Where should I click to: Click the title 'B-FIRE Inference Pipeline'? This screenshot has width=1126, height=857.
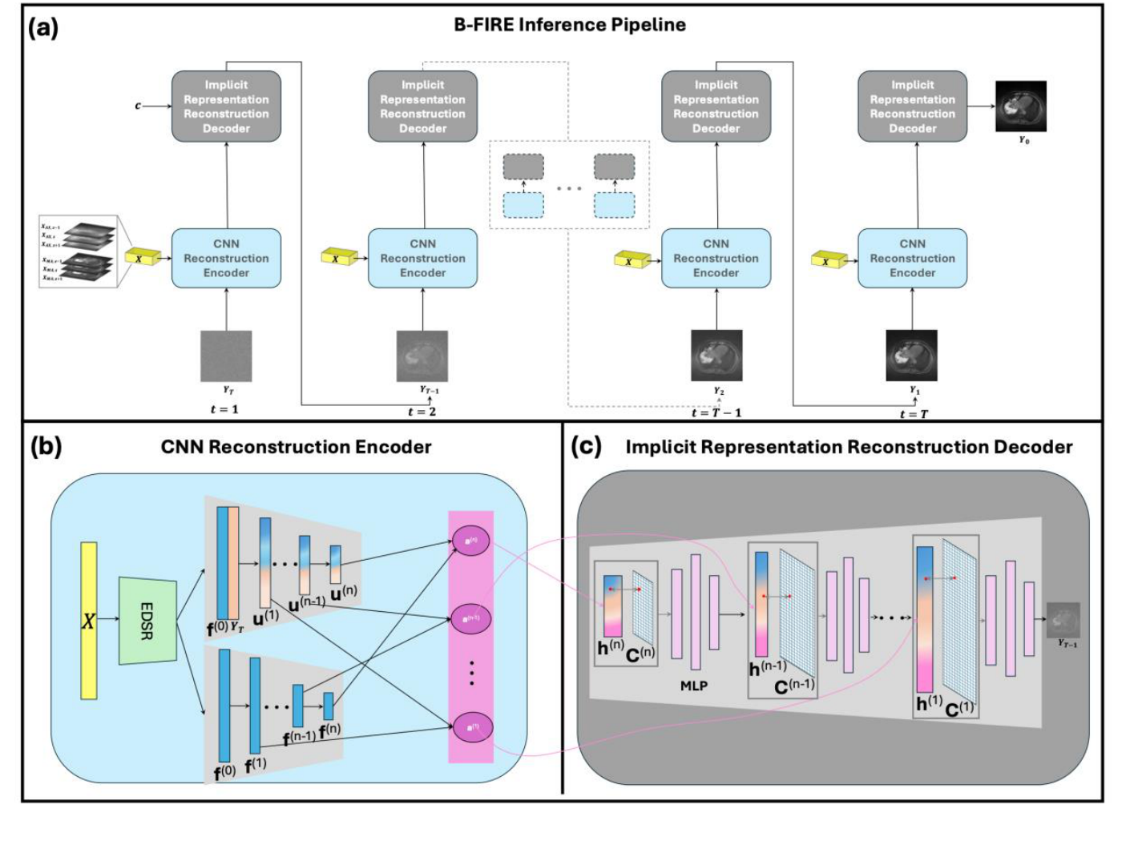[569, 25]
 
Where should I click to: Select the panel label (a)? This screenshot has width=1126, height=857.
[43, 28]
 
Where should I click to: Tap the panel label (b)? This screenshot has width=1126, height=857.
[46, 446]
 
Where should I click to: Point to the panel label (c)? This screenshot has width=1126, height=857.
[586, 446]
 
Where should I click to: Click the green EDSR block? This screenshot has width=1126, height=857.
[147, 620]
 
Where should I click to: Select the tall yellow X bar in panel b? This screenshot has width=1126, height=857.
[88, 620]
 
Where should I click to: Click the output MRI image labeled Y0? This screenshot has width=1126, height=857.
[1020, 106]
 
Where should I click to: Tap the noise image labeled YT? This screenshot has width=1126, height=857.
[226, 356]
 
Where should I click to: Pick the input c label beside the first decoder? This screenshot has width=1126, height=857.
[138, 106]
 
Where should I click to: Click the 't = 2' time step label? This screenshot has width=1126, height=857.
[422, 412]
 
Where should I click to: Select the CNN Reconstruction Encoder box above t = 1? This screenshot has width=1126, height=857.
[226, 258]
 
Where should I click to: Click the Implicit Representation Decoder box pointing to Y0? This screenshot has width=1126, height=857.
[912, 106]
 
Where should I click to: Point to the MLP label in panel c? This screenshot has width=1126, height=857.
[694, 686]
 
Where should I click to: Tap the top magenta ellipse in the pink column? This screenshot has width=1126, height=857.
[471, 541]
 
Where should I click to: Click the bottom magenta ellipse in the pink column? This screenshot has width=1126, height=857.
[471, 727]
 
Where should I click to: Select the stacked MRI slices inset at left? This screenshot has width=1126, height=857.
[79, 251]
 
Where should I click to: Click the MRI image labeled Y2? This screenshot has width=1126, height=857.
[716, 356]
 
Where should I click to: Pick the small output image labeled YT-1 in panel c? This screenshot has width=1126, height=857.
[1063, 619]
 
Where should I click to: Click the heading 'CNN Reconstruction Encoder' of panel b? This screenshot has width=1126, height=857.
[296, 447]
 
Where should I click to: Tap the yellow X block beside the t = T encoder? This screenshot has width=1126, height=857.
[829, 260]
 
